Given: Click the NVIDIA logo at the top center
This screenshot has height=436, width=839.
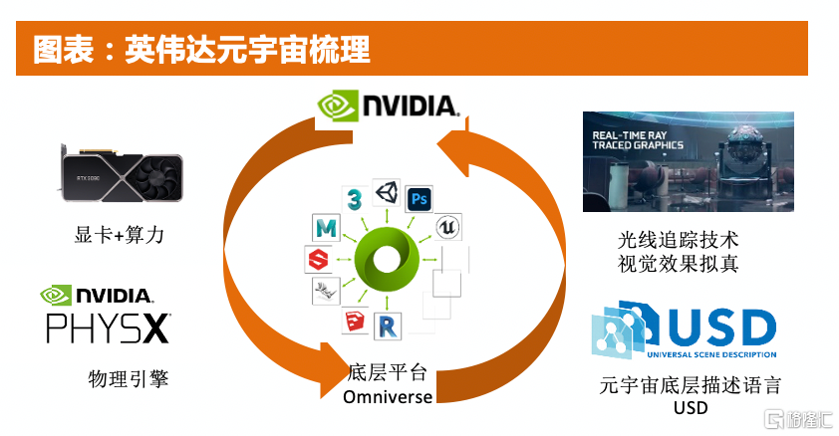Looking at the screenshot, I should tap(387, 106).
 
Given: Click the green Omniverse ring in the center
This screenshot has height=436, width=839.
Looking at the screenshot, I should tap(385, 263).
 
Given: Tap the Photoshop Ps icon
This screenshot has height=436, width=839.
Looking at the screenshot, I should tap(419, 197).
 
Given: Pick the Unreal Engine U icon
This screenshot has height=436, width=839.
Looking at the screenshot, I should tap(448, 228).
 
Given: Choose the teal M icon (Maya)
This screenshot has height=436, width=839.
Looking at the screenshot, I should tap(323, 230).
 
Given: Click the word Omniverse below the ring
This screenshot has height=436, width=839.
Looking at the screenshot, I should tap(388, 397).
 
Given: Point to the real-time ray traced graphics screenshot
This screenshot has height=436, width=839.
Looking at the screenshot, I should tap(688, 161).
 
